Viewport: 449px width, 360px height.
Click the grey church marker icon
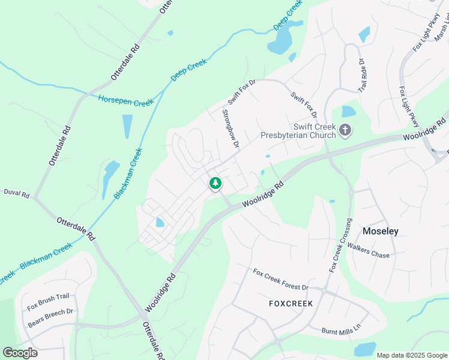coord(345,130)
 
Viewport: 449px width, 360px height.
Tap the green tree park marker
coord(215,183)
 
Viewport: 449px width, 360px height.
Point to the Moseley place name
coord(381,231)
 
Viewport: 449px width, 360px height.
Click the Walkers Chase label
coord(368,251)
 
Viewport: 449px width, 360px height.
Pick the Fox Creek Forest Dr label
coord(280,280)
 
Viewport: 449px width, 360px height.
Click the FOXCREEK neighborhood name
coord(291,304)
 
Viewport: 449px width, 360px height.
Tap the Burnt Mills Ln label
coord(340,329)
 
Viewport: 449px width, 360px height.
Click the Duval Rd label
coord(16,194)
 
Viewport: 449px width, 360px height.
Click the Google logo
coord(20,353)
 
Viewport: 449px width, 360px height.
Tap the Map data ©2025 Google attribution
coord(411,355)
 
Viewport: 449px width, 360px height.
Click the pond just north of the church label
coord(348,112)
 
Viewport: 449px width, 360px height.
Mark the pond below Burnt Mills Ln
coord(365,349)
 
